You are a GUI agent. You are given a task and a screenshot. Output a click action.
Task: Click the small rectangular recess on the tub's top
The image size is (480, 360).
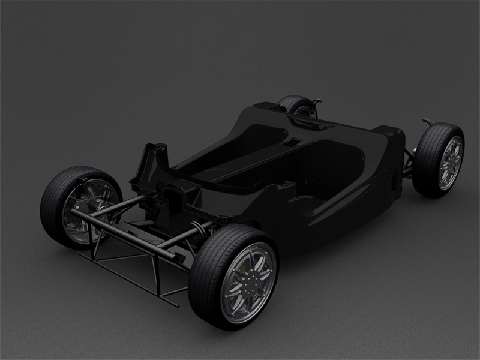coord(292,143)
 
